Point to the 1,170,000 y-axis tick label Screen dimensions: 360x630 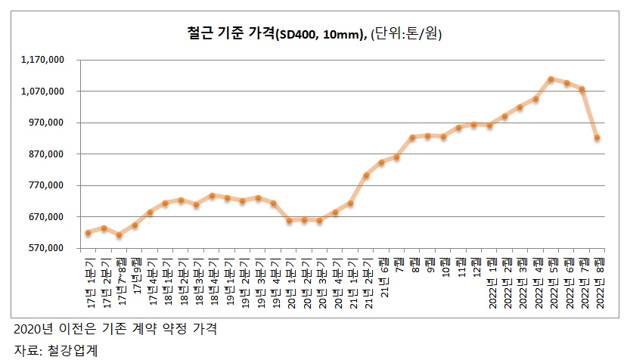pyautogui.click(x=44, y=59)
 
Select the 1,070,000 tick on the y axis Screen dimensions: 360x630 pyautogui.click(x=44, y=91)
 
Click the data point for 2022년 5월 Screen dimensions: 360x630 pyautogui.click(x=551, y=79)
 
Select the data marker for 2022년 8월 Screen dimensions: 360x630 pyautogui.click(x=597, y=138)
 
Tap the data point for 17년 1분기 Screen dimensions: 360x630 pyautogui.click(x=88, y=232)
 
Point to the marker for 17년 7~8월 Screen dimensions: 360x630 pyautogui.click(x=119, y=235)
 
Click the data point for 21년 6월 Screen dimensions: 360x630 pyautogui.click(x=382, y=163)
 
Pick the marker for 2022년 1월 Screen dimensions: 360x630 pyautogui.click(x=489, y=126)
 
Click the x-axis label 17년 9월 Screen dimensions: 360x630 pyautogui.click(x=135, y=272)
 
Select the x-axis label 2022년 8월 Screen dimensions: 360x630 pyautogui.click(x=597, y=282)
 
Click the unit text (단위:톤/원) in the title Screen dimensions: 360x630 pyautogui.click(x=406, y=33)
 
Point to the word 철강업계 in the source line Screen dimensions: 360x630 pyautogui.click(x=73, y=350)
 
